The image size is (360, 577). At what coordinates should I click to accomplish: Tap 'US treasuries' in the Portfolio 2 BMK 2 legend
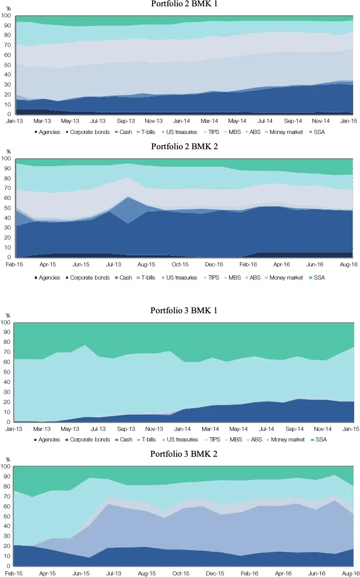coord(182,277)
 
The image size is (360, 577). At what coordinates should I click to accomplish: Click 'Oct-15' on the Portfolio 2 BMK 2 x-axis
coord(180,264)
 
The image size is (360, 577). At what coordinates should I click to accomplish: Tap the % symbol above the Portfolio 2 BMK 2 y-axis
coord(8,152)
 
